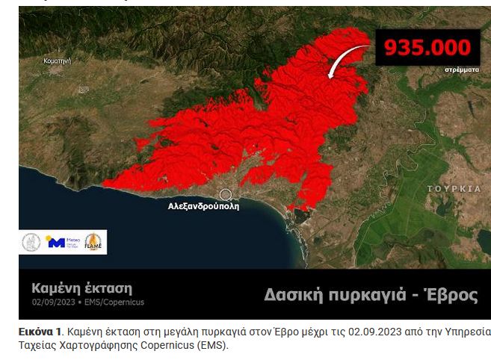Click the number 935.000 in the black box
[427, 48]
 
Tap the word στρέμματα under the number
[462, 69]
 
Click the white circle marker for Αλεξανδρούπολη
[226, 194]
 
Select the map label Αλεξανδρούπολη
[204, 207]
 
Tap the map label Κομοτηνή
[58, 60]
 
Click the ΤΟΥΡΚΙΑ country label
[454, 189]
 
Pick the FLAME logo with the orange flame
[95, 241]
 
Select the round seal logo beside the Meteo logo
[31, 242]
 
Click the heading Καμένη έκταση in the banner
[81, 288]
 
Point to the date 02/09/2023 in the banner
[54, 302]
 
